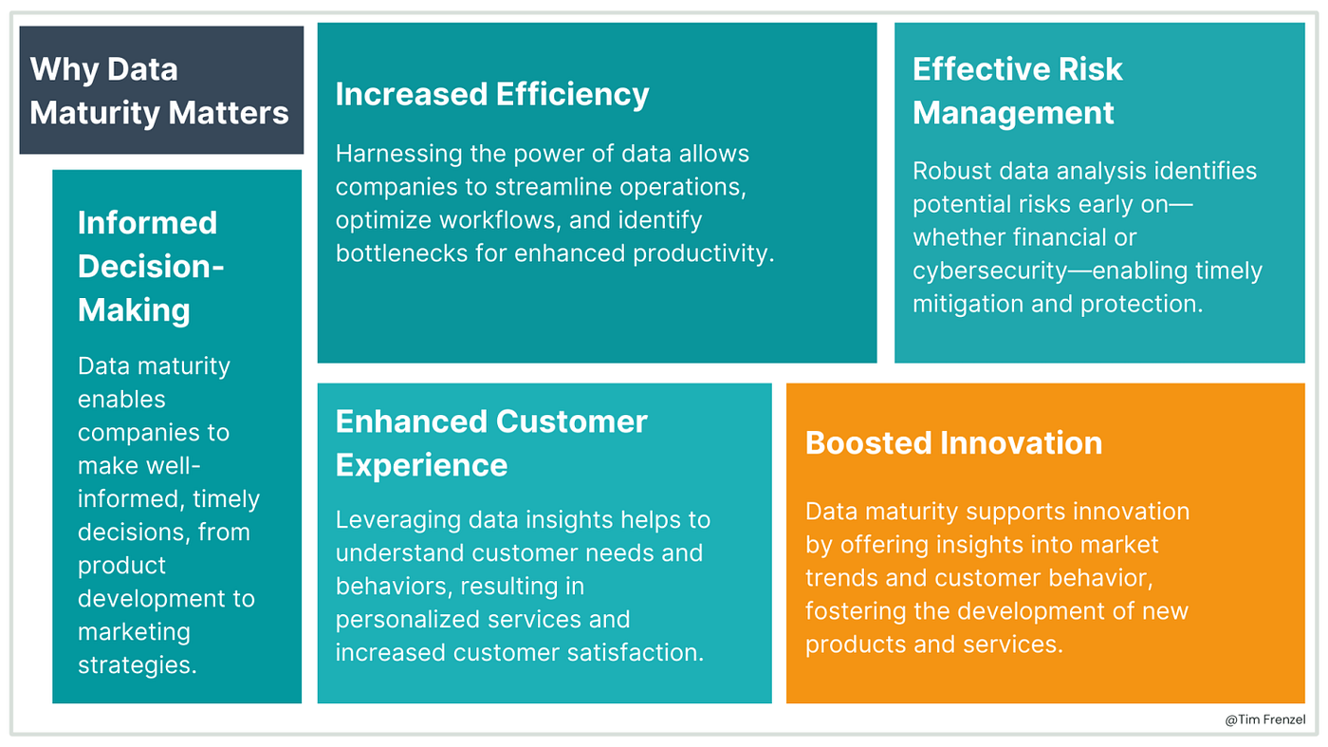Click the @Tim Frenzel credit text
click(1264, 720)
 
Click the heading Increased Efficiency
click(492, 95)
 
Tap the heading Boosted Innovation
click(953, 443)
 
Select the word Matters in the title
click(238, 113)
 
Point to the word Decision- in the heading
click(151, 267)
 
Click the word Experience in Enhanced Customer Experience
click(421, 465)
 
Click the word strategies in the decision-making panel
click(138, 664)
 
